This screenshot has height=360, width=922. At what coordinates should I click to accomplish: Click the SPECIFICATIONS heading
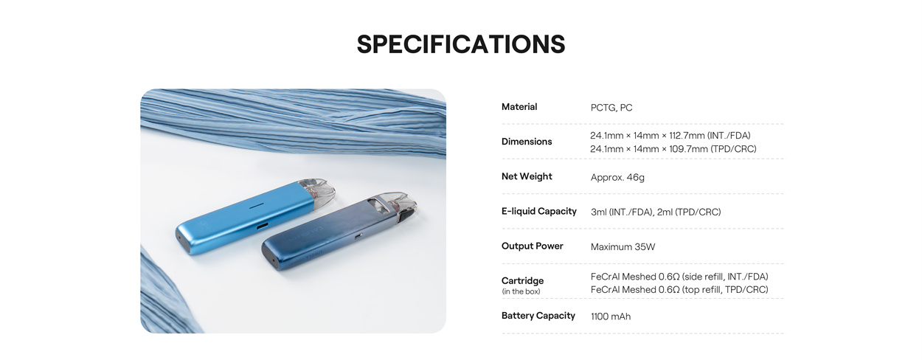(x=461, y=44)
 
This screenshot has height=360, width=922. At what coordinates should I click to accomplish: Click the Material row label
(x=519, y=107)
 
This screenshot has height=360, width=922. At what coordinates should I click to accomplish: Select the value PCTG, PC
(x=611, y=108)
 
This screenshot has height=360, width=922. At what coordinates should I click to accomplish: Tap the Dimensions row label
(x=527, y=142)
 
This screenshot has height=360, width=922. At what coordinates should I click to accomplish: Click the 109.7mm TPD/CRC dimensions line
(x=673, y=149)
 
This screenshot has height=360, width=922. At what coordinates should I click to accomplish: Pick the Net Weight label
(x=527, y=176)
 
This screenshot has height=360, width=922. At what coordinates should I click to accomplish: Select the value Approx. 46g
(x=617, y=178)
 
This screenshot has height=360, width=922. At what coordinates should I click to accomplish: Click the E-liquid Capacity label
(x=539, y=212)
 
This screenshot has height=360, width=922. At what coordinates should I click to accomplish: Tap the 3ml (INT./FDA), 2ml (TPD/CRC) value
(x=656, y=212)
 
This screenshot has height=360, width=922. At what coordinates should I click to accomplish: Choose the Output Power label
(x=533, y=246)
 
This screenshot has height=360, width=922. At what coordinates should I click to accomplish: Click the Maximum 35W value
(x=623, y=247)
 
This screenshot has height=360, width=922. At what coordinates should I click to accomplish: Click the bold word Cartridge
(x=522, y=281)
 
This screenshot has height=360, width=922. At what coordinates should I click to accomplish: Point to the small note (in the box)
(x=521, y=292)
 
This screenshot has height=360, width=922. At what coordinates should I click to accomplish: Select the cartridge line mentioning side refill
(x=679, y=277)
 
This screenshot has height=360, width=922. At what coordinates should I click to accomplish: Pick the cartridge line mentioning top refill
(x=679, y=290)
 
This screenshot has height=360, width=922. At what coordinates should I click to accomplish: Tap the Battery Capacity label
(x=538, y=316)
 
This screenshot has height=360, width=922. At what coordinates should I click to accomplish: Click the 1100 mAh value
(x=611, y=317)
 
